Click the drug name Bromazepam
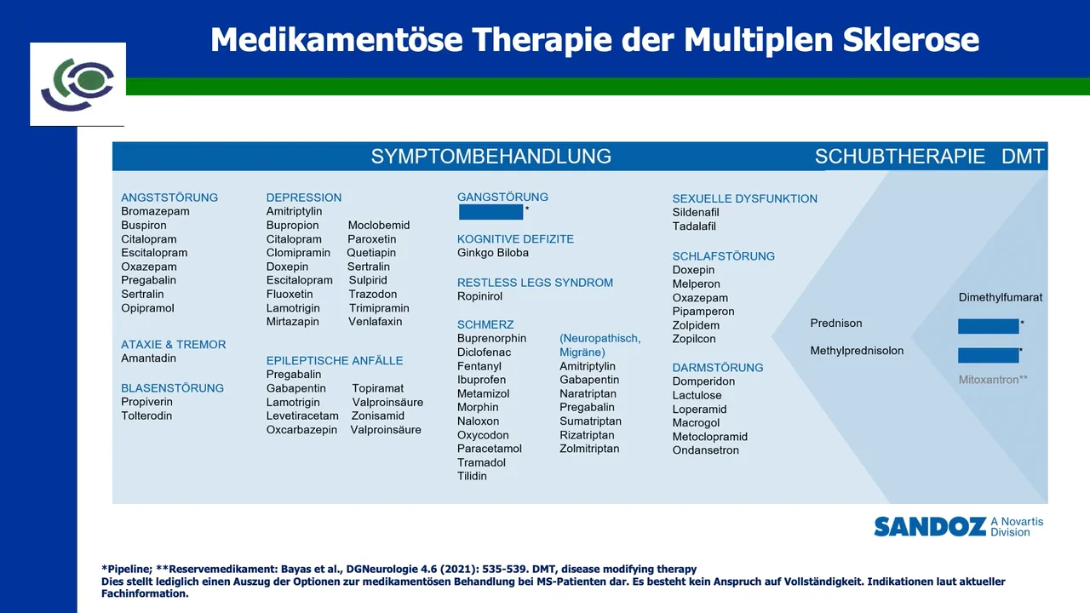155,211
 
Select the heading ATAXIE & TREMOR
173,345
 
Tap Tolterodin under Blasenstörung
146,415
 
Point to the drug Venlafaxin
375,322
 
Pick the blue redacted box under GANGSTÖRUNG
490,212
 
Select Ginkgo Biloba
492,253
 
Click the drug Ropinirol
479,296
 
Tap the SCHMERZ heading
485,324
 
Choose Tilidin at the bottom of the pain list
472,476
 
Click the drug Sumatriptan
590,421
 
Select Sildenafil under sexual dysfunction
696,212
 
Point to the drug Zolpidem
696,325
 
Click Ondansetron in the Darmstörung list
705,450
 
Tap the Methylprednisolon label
857,351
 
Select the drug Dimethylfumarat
1000,298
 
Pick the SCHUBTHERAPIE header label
899,157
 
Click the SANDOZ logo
929,527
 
